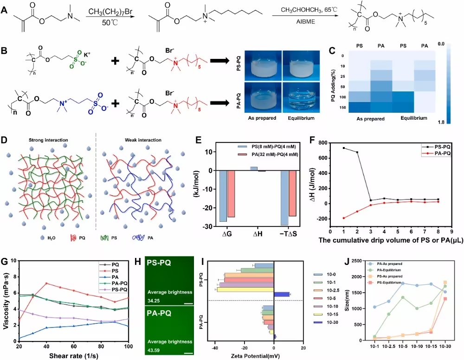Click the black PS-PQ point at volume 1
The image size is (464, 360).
pyautogui.click(x=344, y=148)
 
